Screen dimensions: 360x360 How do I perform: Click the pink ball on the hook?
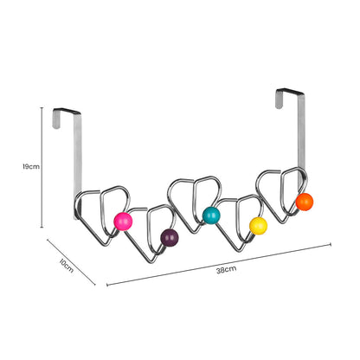tap(124, 221)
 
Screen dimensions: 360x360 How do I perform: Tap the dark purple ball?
tap(169, 235)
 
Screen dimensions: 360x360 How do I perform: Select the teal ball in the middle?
tap(211, 215)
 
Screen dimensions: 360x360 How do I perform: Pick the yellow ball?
tap(258, 225)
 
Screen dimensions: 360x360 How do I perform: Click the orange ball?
tap(304, 202)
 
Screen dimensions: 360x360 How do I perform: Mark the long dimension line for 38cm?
tap(216, 264)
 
